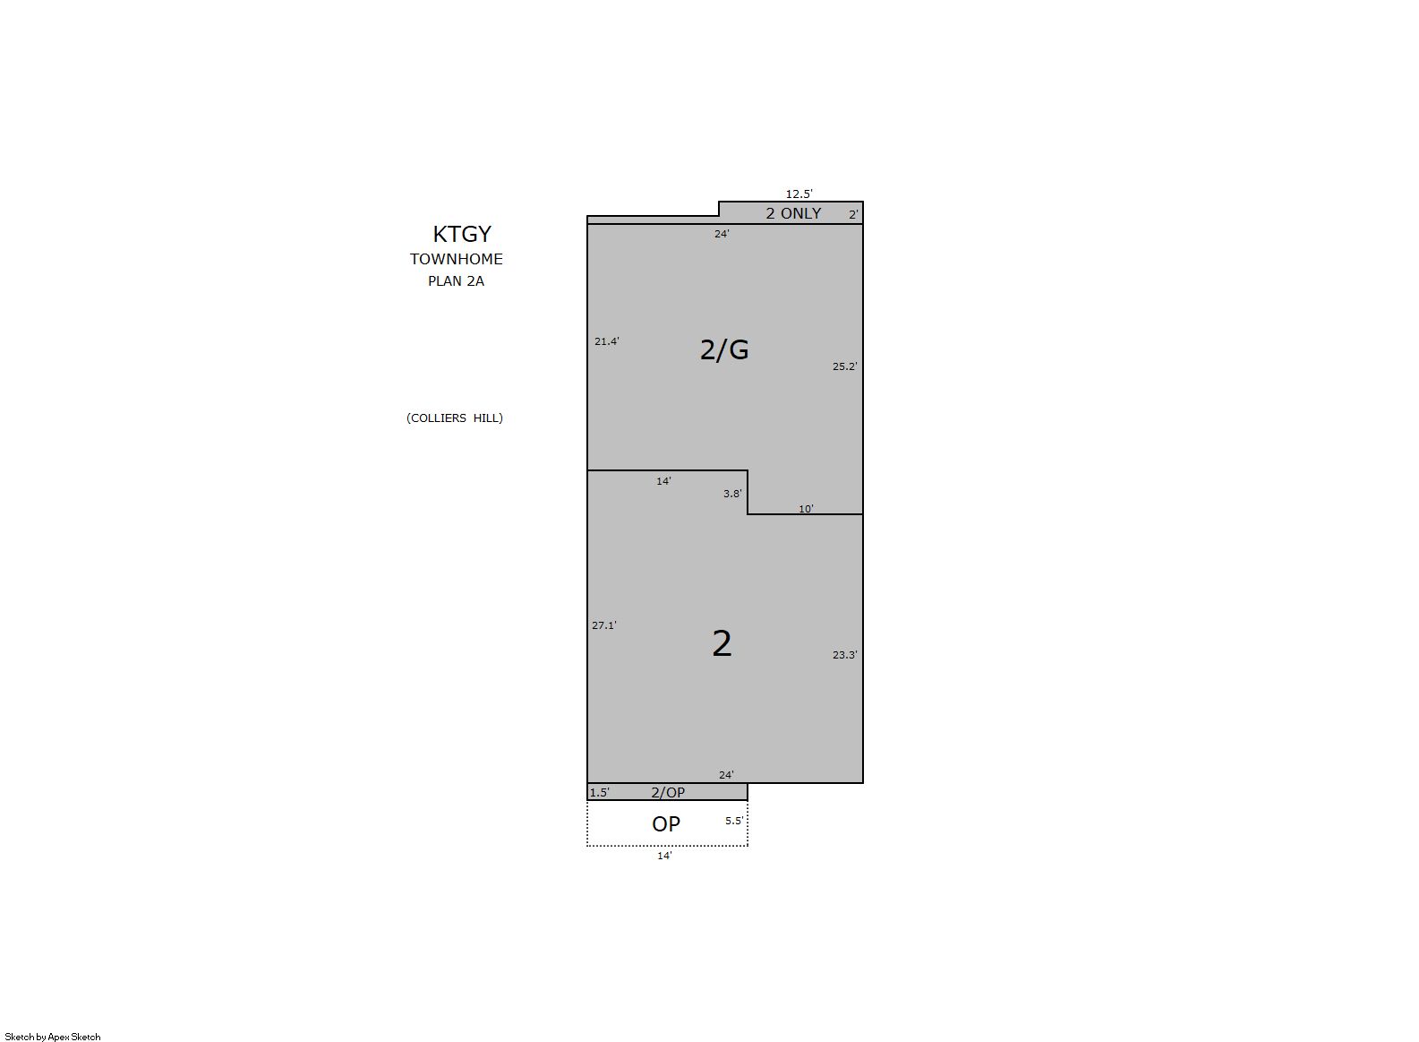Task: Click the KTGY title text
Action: [462, 235]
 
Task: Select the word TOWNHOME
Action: [456, 259]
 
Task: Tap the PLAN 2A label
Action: [456, 281]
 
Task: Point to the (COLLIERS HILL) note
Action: [455, 418]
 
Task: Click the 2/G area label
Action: [724, 349]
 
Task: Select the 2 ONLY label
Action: [793, 213]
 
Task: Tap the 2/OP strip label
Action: [668, 792]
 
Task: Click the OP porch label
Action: [666, 824]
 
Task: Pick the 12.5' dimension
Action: [799, 194]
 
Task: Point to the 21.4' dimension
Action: [607, 341]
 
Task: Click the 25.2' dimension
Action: [844, 366]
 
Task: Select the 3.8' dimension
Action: [732, 494]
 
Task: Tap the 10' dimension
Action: [806, 509]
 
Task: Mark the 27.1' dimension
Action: [604, 625]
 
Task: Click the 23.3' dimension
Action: [844, 655]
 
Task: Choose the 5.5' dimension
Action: [734, 821]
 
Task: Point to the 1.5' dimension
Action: [599, 793]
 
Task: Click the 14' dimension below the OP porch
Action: [664, 856]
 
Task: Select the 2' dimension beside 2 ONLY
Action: [853, 215]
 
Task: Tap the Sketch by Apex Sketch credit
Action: [53, 1037]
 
